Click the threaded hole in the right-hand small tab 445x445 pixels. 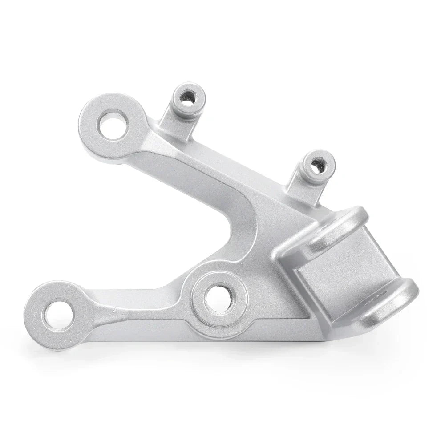point(316,166)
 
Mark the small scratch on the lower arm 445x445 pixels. point(117,308)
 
